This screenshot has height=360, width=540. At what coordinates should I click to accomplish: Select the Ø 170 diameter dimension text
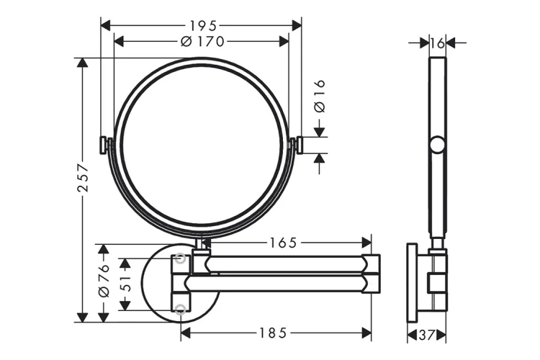tap(201, 42)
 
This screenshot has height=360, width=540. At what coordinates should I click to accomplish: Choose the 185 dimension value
tap(274, 333)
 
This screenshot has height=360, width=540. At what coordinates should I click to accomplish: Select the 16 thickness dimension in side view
tap(437, 43)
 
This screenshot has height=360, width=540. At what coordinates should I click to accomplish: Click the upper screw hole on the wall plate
tap(181, 257)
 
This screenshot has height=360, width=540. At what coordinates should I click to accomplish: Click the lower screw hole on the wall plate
tap(181, 309)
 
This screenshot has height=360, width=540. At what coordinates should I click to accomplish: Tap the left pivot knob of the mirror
tap(104, 145)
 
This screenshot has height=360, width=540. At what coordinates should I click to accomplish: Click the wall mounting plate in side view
tap(412, 283)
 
